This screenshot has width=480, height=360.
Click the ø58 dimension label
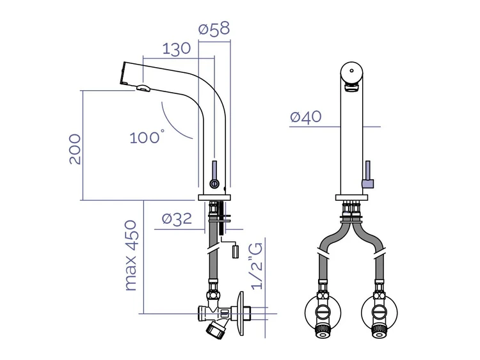[214, 29]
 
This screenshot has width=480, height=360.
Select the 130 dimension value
[176, 49]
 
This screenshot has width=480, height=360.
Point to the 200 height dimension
[75, 149]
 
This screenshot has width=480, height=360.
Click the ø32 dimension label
[177, 219]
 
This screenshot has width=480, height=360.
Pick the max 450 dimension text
[131, 255]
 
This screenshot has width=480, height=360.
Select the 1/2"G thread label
[257, 266]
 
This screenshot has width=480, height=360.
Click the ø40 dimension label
[306, 116]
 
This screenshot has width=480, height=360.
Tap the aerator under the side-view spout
[143, 88]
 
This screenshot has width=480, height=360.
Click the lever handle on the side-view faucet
[214, 174]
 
